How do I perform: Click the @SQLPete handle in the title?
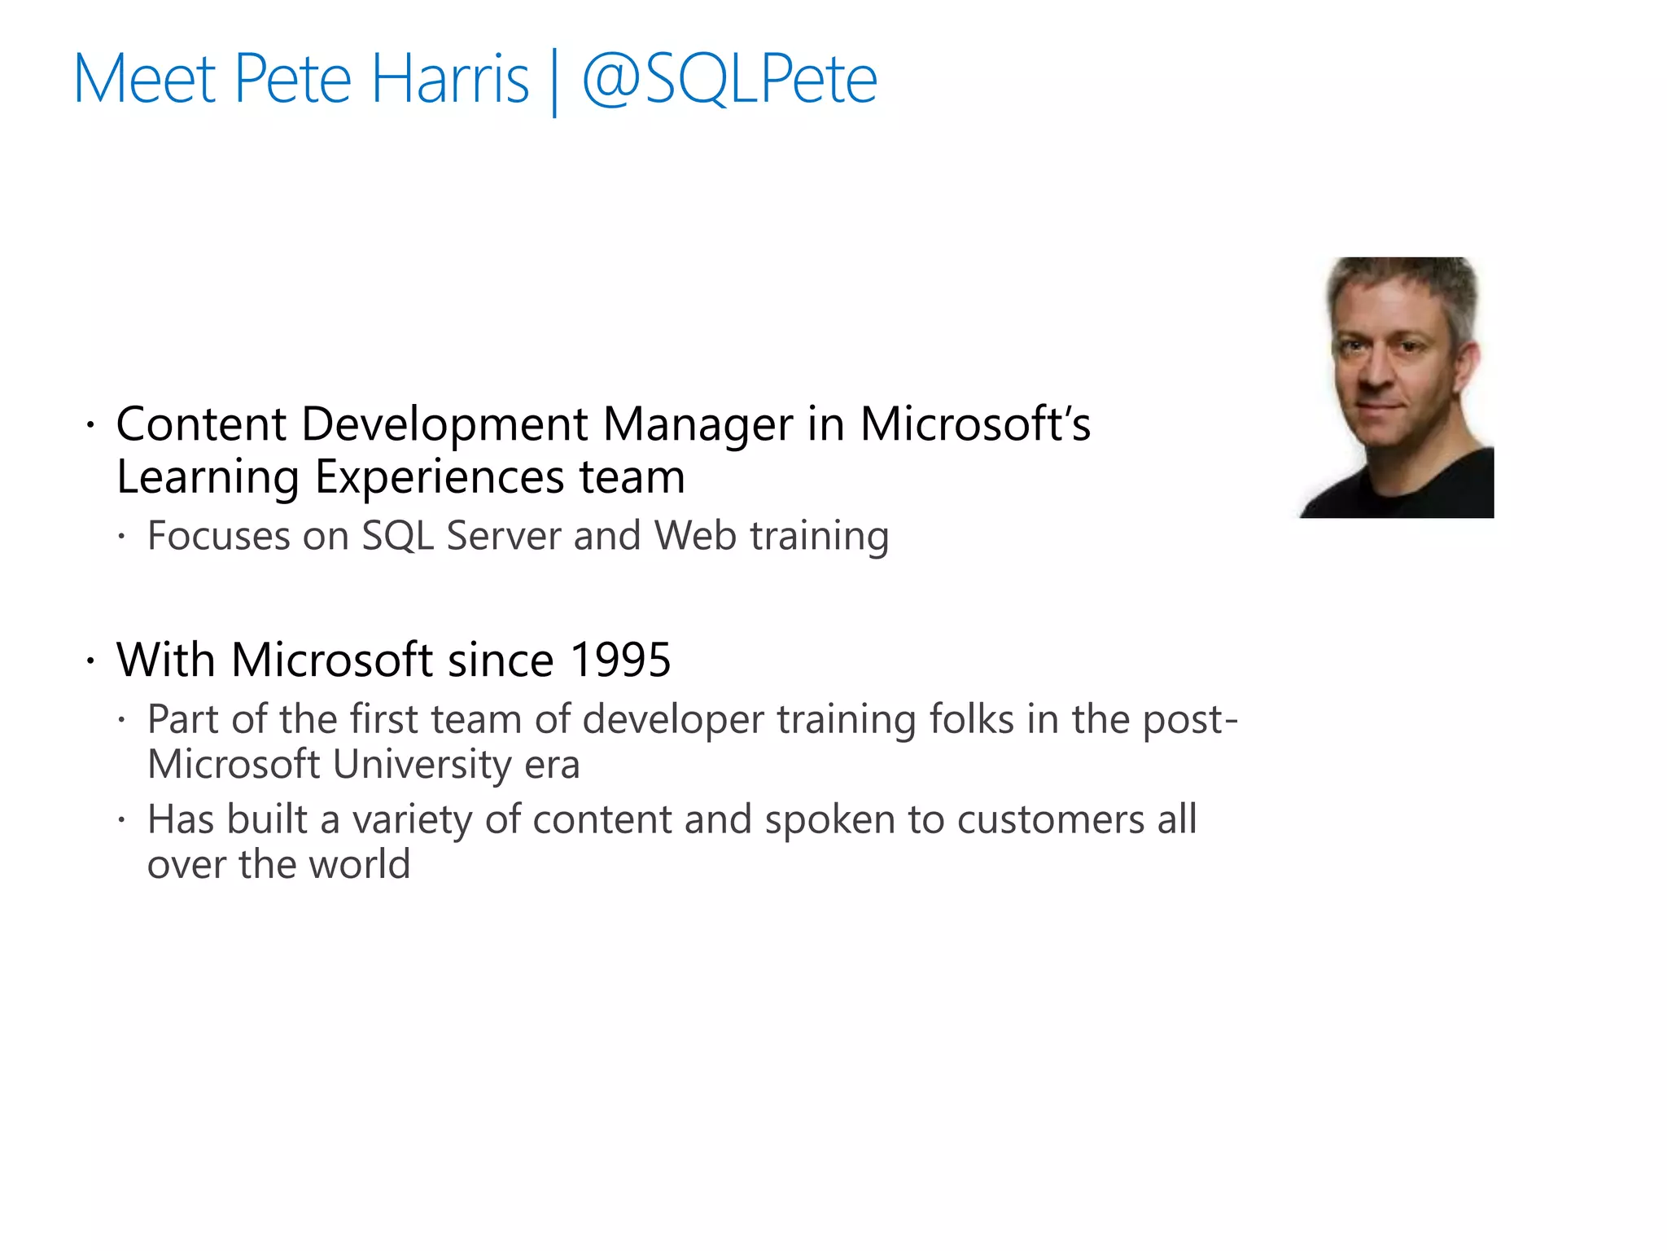tap(730, 79)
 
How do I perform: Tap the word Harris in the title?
tap(450, 79)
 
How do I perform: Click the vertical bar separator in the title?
tap(555, 82)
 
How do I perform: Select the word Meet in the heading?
tap(145, 79)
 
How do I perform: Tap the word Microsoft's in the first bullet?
tap(975, 424)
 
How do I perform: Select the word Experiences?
tap(440, 477)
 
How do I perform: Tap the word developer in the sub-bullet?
tap(673, 720)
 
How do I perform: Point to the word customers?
tap(1051, 819)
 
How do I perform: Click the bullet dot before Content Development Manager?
tap(91, 425)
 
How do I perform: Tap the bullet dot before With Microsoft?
tap(91, 660)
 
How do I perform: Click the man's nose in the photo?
tap(1376, 371)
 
